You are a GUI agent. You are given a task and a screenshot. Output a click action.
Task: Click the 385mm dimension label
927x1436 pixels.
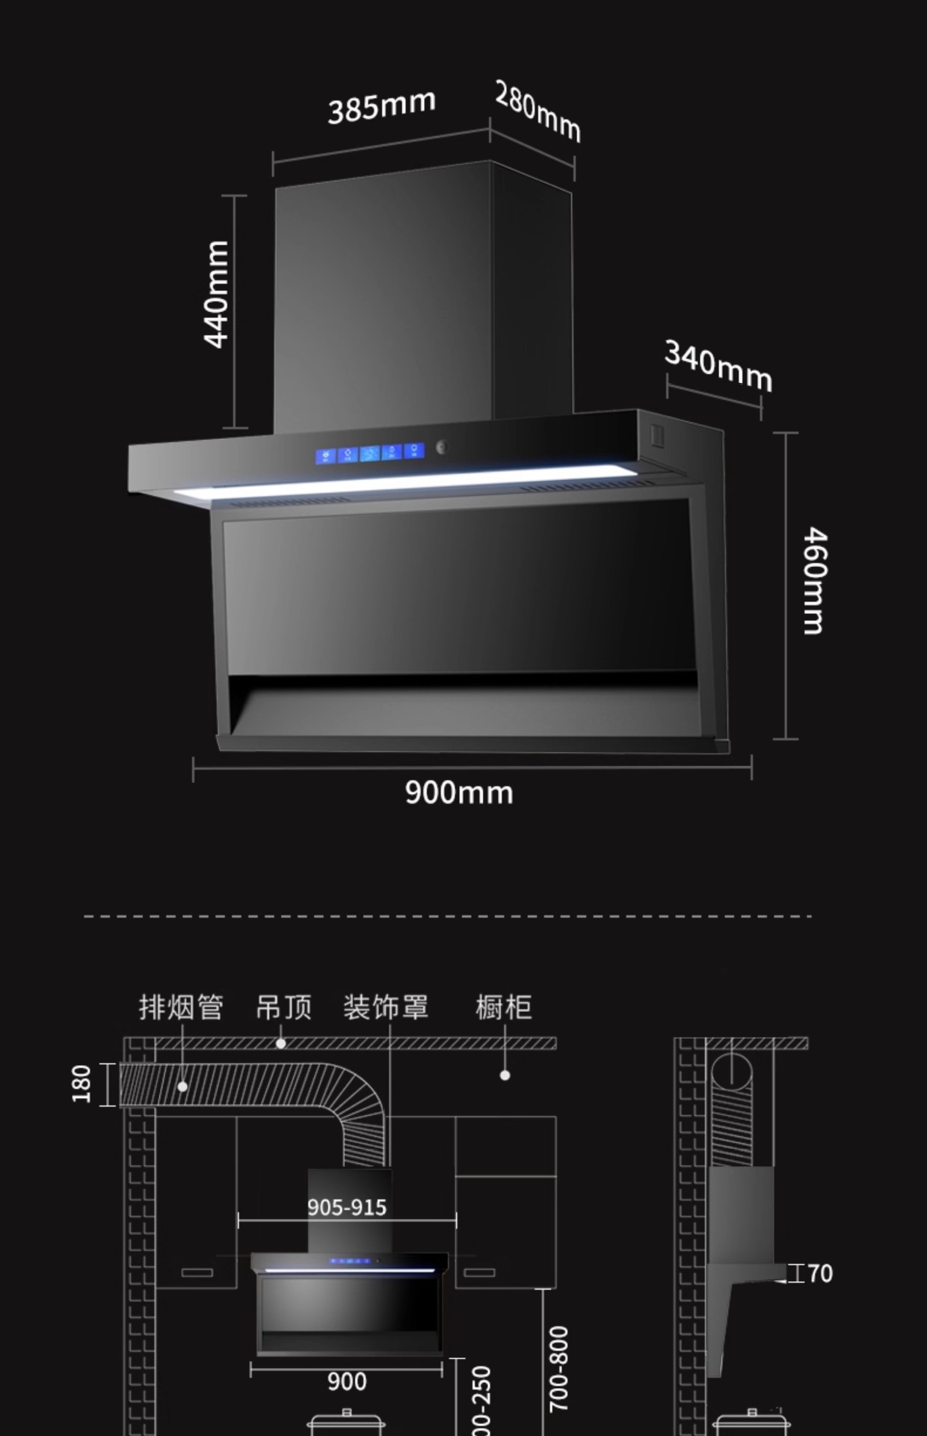point(381,105)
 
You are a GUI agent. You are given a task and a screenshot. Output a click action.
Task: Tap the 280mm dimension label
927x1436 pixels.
point(538,111)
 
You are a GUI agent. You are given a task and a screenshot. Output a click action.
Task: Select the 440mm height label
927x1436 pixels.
point(217,294)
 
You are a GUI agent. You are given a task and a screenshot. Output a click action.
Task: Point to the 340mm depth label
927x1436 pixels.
point(718,365)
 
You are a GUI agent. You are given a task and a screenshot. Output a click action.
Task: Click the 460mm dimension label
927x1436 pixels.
point(814,581)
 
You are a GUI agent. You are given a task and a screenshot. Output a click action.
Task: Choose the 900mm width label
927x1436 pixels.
point(459,793)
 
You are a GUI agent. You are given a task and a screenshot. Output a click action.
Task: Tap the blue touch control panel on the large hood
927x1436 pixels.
point(369,453)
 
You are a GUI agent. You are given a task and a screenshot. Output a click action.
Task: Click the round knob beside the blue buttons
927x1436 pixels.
point(441,447)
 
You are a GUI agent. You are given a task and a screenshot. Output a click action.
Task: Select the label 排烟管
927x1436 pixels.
point(181,1007)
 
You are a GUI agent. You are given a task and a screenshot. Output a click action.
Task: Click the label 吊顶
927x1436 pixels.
point(283,1007)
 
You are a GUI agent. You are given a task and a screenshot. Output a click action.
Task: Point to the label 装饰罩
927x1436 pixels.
point(386,1007)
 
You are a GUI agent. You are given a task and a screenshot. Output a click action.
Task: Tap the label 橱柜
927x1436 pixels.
point(503,1007)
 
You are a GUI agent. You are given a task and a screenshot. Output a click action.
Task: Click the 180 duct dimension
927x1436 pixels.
point(81,1084)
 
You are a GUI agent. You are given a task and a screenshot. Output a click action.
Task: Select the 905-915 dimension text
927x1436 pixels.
point(347,1207)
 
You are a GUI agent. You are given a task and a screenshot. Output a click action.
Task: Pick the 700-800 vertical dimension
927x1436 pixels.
point(558,1369)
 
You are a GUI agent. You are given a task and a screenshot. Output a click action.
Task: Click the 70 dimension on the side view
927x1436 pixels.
point(819,1273)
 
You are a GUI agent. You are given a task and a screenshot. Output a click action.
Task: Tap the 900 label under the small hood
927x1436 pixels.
point(347,1381)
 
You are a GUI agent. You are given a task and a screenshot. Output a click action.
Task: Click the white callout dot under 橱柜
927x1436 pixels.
point(505,1076)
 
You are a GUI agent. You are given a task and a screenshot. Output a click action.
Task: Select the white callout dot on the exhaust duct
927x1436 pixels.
point(182,1086)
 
